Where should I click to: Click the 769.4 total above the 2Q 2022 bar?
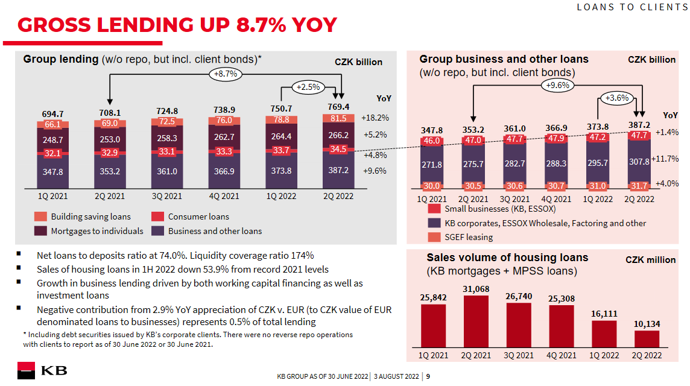(x=338, y=107)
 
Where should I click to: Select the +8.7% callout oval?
(x=226, y=74)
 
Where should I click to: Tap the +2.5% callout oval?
(x=308, y=87)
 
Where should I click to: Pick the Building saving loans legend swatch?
(x=40, y=217)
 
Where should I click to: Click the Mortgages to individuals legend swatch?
(x=40, y=231)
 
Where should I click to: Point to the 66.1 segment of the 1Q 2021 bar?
(x=53, y=125)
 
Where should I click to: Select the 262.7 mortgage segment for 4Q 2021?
(x=224, y=137)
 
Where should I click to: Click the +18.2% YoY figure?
(x=375, y=118)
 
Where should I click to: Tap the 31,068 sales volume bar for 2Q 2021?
(x=476, y=321)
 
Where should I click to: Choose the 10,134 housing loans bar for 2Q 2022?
(x=647, y=339)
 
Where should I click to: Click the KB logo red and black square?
(x=26, y=370)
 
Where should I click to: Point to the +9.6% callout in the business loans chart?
(x=557, y=86)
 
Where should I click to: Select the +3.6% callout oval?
(x=617, y=98)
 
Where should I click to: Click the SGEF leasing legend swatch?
(x=434, y=237)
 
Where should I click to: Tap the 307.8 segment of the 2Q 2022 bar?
(x=639, y=162)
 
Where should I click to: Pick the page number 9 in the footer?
(x=428, y=377)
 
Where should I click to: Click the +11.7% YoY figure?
(x=665, y=159)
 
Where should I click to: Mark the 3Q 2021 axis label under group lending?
(x=167, y=196)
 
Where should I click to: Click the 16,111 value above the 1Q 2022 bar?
(x=604, y=314)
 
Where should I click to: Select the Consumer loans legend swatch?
(x=157, y=217)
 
